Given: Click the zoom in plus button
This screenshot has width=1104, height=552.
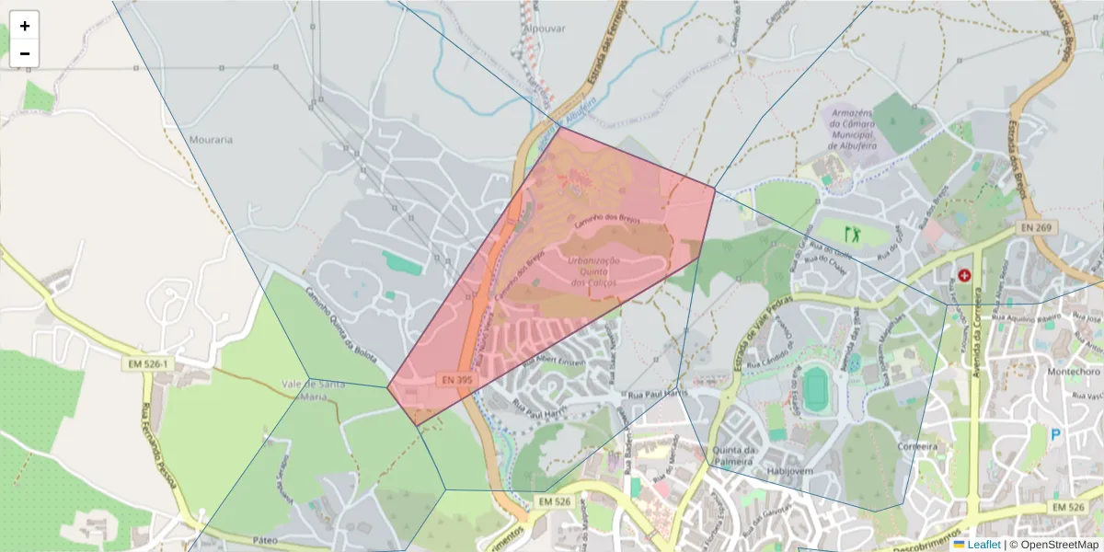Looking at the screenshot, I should (x=25, y=26).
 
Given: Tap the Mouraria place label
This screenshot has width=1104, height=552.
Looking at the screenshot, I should (x=211, y=140).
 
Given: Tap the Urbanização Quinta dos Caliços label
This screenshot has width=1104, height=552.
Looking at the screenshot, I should (x=594, y=271).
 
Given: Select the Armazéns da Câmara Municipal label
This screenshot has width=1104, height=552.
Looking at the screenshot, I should (x=853, y=128).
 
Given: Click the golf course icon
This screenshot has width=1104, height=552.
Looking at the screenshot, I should (x=853, y=234).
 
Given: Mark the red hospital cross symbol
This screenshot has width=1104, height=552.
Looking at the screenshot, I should (x=964, y=274).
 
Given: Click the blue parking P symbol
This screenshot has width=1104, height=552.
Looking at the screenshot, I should (x=1056, y=434).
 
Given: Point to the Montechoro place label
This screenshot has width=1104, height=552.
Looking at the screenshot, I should (x=1074, y=372).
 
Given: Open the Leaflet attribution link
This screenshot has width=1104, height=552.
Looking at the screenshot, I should (x=983, y=545).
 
